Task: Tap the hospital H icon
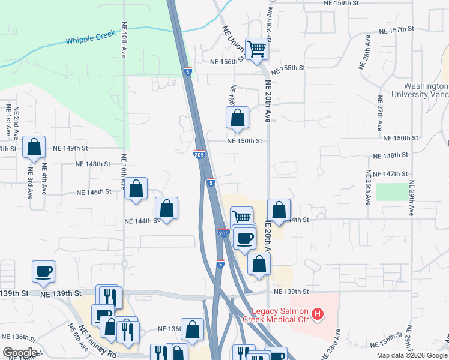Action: pyautogui.click(x=318, y=313)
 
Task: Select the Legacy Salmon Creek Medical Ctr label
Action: pyautogui.click(x=279, y=314)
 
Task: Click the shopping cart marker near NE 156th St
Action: pyautogui.click(x=256, y=49)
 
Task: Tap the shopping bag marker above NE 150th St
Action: pyautogui.click(x=237, y=117)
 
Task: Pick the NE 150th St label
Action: pyautogui.click(x=244, y=141)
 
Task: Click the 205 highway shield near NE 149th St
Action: pyautogui.click(x=200, y=155)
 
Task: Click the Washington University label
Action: pyautogui.click(x=420, y=90)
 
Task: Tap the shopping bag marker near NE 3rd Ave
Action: pyautogui.click(x=34, y=147)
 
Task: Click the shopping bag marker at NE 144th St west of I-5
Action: pyautogui.click(x=167, y=208)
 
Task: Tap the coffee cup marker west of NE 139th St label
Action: pyautogui.click(x=44, y=271)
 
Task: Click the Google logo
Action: pyautogui.click(x=20, y=353)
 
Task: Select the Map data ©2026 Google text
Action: pyautogui.click(x=412, y=355)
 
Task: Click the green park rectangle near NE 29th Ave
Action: pyautogui.click(x=390, y=192)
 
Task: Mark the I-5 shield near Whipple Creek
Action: pyautogui.click(x=188, y=71)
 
